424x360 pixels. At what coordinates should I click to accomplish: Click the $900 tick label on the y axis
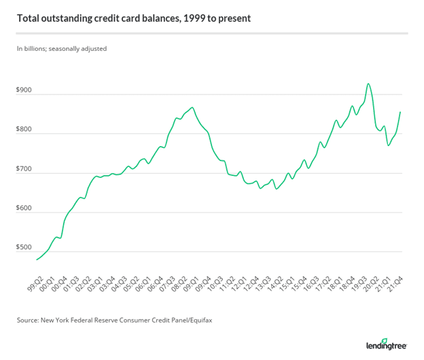(x=24, y=90)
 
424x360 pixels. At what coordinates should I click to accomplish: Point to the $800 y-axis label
(x=24, y=130)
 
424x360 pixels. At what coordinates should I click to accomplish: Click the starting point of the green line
(x=36, y=259)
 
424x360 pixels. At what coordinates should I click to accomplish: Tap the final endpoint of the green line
(x=400, y=112)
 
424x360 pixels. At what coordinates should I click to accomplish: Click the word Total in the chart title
(x=29, y=18)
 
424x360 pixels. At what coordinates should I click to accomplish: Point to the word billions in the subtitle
(x=37, y=48)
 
